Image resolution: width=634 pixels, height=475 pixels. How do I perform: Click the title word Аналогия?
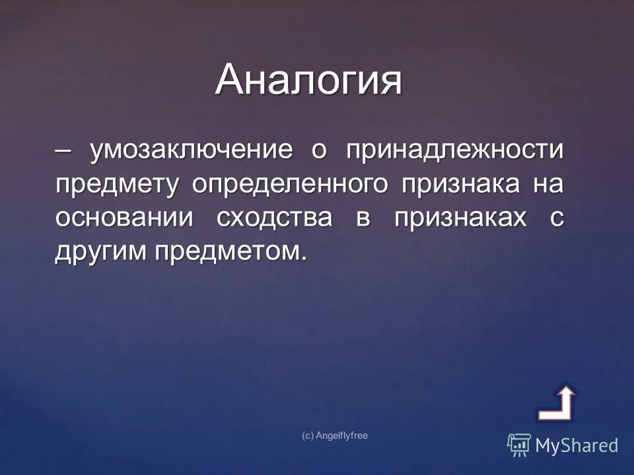point(308,80)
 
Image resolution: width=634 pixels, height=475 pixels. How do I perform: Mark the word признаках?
point(461,218)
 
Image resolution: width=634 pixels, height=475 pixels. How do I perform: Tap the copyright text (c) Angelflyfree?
point(334,435)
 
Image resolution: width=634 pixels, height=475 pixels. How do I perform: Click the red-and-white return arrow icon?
point(557,403)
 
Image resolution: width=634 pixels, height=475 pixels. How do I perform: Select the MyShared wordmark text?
point(577,445)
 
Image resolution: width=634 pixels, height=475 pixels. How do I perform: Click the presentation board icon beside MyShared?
point(519,445)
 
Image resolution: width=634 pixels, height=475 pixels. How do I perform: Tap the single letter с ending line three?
point(557,218)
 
